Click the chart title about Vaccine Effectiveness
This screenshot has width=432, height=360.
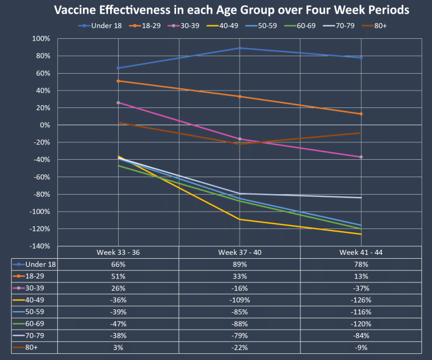pos(231,10)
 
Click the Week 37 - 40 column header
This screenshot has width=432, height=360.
pos(240,253)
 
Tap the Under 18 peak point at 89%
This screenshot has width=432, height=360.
pos(240,48)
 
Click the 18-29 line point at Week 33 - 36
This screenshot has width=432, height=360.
pos(119,81)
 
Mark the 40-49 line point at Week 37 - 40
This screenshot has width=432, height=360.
pos(240,219)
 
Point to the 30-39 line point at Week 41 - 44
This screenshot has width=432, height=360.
pos(361,157)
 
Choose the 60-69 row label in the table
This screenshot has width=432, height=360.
pos(37,324)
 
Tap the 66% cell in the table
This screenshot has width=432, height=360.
pos(119,264)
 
